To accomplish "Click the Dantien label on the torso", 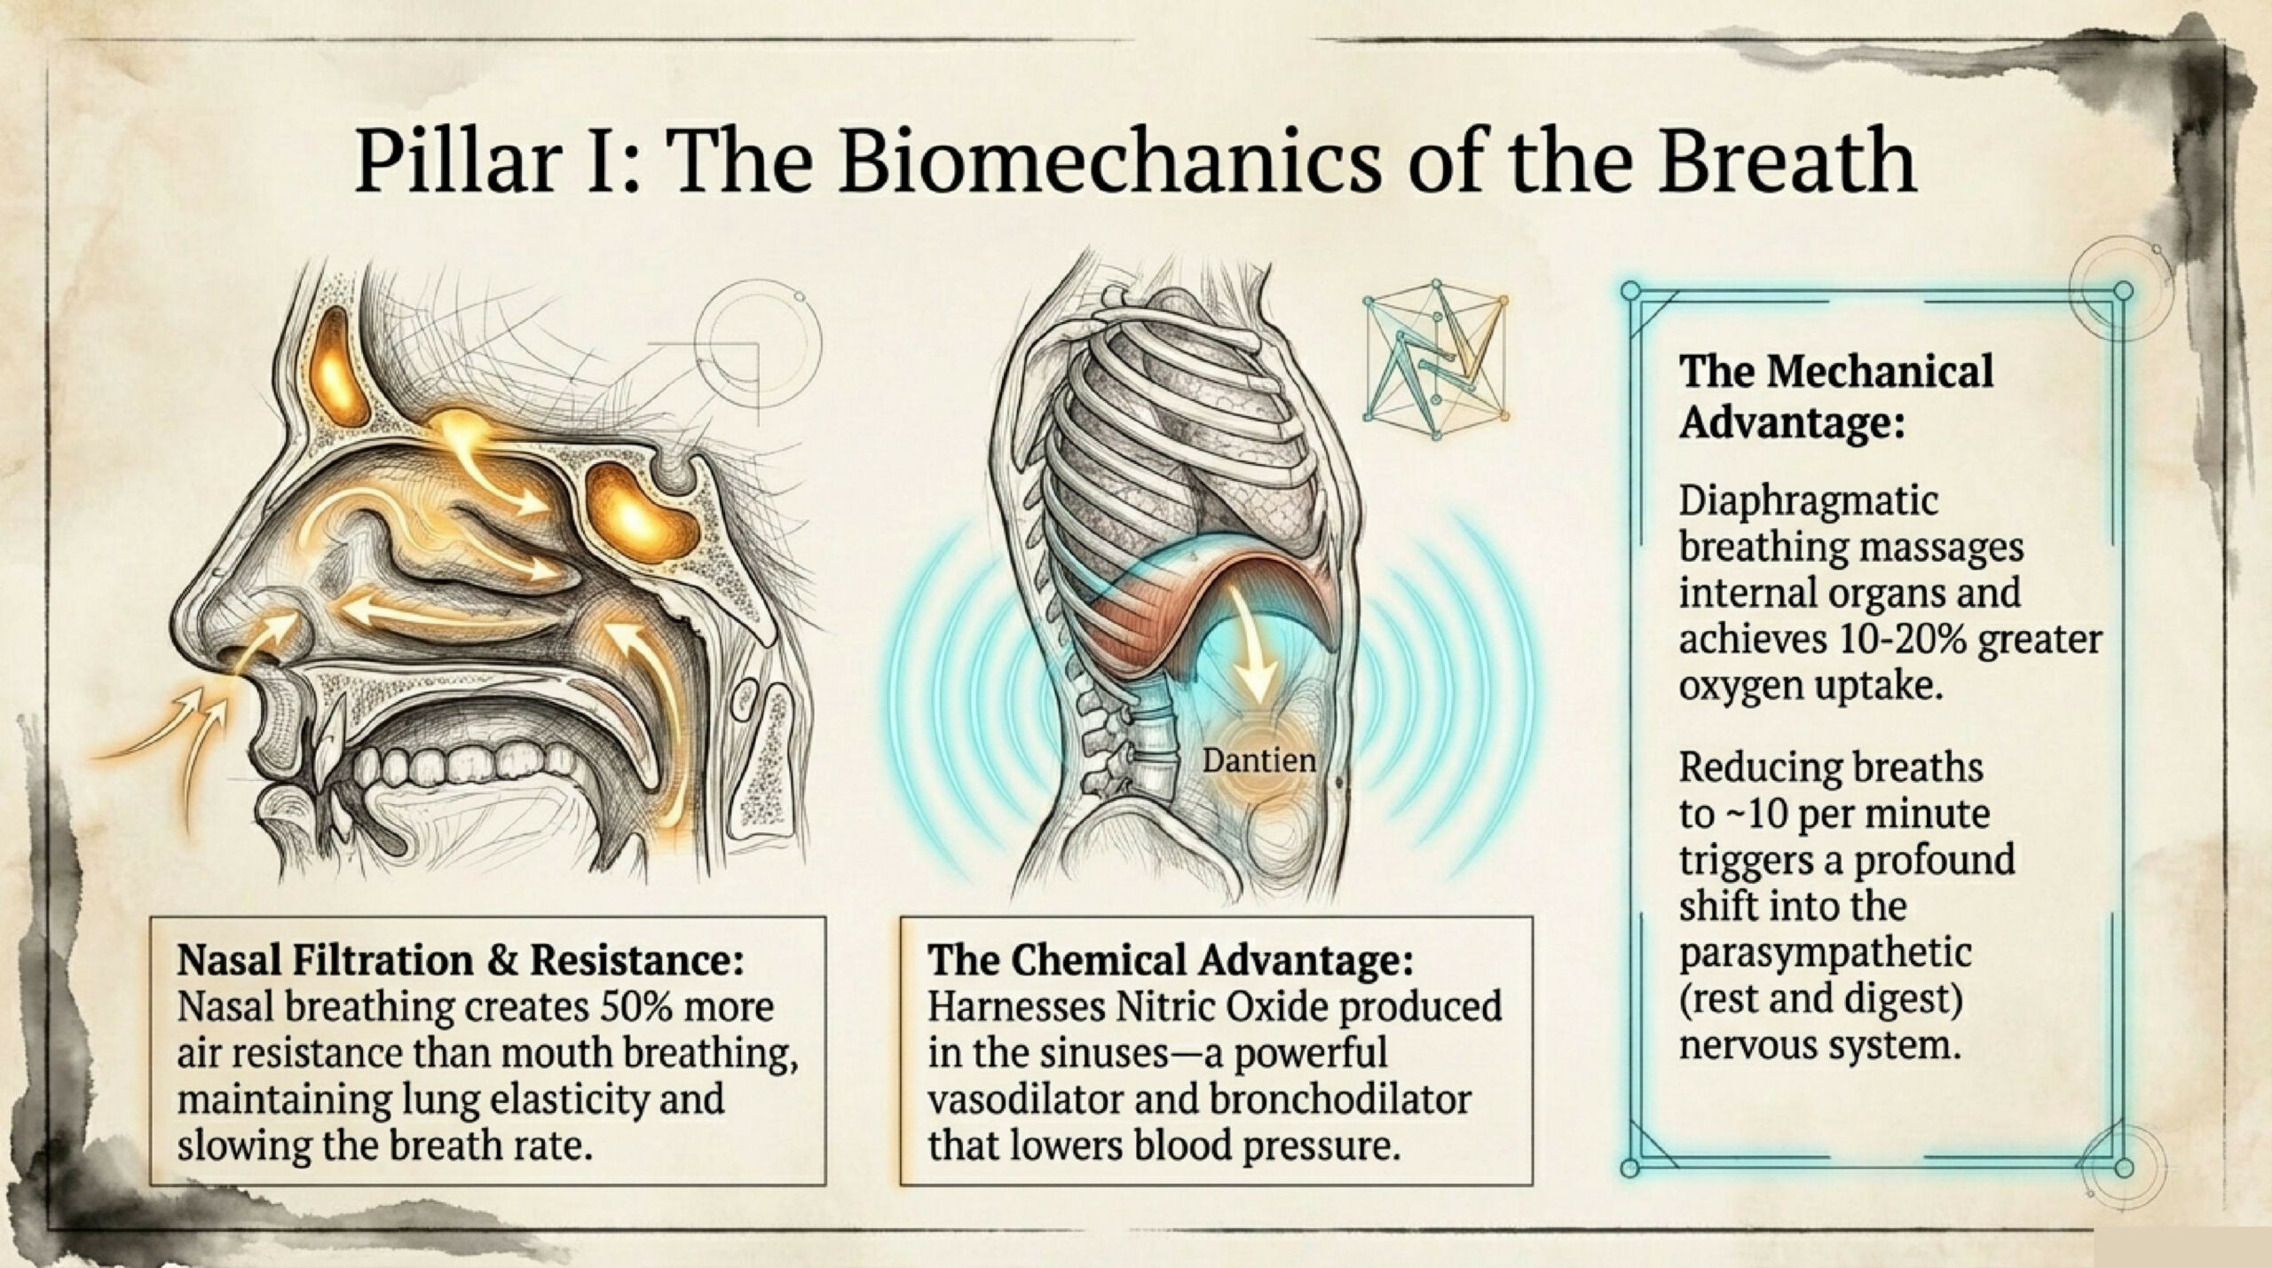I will pos(1258,760).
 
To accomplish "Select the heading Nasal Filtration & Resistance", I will pos(461,960).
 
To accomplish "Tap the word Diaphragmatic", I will pos(1808,501).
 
